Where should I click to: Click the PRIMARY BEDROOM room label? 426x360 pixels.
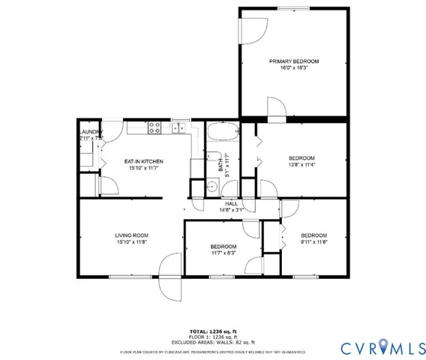[294, 61]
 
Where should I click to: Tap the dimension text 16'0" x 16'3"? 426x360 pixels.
[294, 67]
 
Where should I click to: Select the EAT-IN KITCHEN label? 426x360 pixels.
[143, 161]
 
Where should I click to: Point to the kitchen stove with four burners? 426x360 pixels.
[155, 128]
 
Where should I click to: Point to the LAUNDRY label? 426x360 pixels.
[90, 133]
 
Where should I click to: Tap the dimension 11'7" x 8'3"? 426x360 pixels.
[223, 253]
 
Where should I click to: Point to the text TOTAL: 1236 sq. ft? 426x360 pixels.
[212, 331]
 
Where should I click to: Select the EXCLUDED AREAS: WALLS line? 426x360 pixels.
[212, 341]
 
